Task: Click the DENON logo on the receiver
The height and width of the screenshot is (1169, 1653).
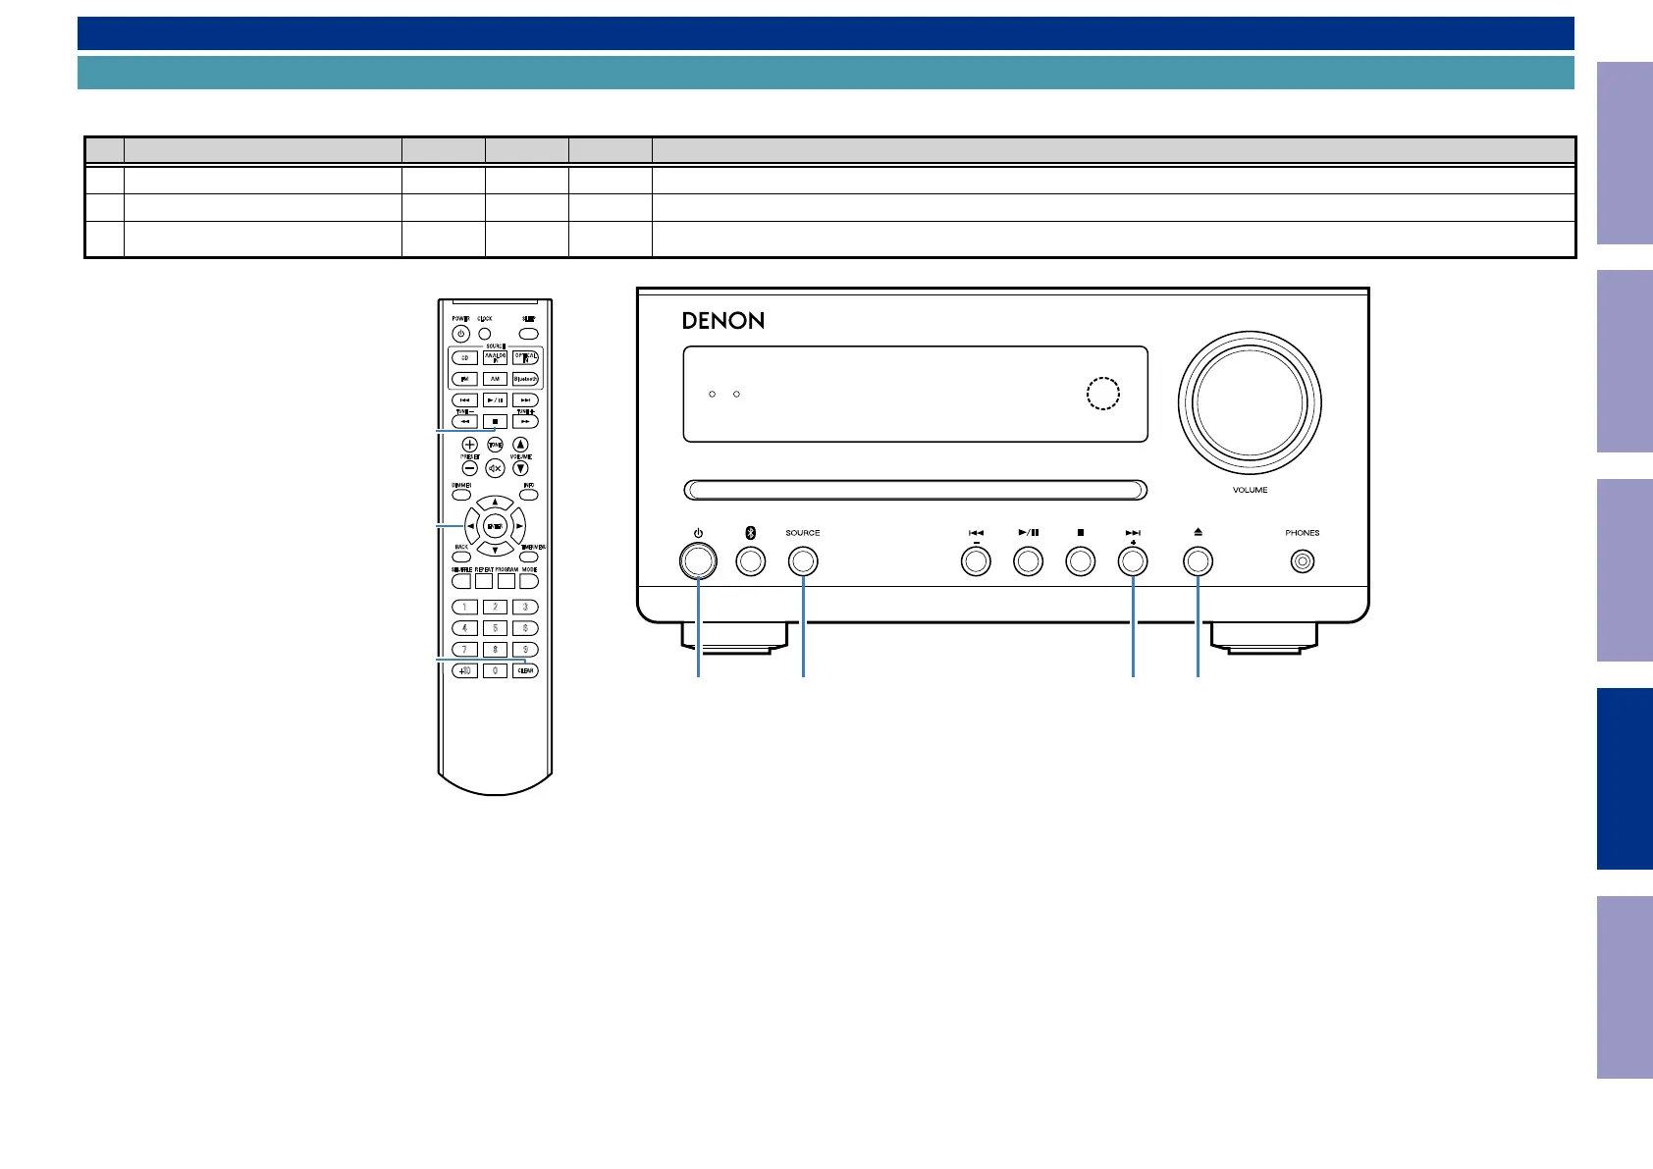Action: [723, 321]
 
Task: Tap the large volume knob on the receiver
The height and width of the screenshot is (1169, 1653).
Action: [1250, 402]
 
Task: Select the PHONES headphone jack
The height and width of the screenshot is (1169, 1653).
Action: [1303, 562]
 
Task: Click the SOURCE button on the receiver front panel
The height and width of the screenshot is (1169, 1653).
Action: [803, 562]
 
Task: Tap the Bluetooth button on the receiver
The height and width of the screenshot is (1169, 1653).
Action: [751, 562]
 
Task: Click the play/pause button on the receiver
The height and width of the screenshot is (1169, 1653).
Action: [1028, 562]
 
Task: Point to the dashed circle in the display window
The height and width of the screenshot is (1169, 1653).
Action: [1103, 393]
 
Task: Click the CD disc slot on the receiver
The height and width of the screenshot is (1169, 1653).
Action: [915, 490]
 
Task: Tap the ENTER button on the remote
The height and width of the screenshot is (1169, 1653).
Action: [495, 527]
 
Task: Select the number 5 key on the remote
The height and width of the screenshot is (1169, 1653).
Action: [495, 628]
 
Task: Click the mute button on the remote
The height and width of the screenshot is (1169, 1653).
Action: [495, 468]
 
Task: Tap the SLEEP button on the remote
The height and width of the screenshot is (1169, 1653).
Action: [528, 334]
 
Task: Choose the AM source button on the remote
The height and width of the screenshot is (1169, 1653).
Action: [495, 379]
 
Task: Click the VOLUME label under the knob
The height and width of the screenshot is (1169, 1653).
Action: [1250, 490]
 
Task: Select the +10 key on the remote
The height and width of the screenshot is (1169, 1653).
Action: [464, 671]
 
